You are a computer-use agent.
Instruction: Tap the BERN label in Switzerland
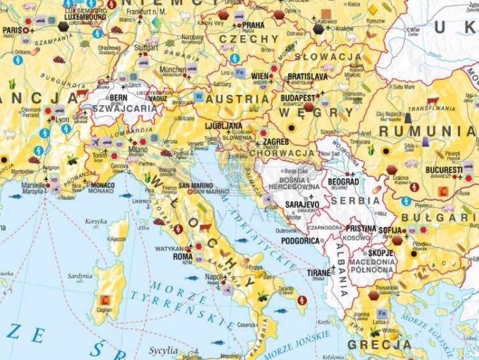(x=119, y=98)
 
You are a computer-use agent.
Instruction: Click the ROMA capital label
(x=183, y=257)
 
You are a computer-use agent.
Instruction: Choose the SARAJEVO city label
(x=302, y=204)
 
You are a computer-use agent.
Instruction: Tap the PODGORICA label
(x=300, y=241)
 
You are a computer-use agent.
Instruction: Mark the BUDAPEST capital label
(x=297, y=98)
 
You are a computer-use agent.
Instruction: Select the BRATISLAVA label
(x=307, y=77)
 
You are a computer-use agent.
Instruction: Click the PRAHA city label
(x=252, y=26)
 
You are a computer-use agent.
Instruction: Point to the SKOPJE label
(x=381, y=253)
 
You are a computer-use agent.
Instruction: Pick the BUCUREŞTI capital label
(x=444, y=170)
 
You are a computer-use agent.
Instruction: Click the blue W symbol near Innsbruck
(x=199, y=96)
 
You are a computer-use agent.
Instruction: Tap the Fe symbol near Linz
(x=240, y=73)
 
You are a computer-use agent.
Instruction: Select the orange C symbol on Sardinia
(x=105, y=299)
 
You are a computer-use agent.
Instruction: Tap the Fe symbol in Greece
(x=382, y=313)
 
